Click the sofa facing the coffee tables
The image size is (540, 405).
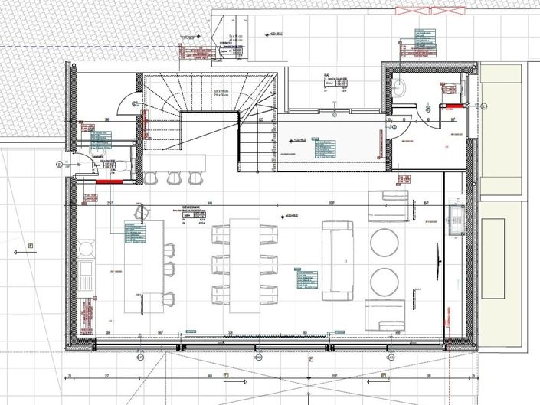(336, 259)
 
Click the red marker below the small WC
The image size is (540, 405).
(109, 183)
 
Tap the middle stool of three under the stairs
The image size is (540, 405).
(172, 178)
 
